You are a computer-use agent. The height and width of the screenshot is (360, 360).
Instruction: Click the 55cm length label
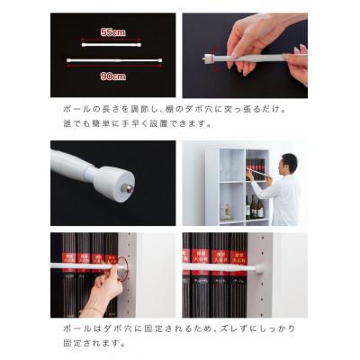112,32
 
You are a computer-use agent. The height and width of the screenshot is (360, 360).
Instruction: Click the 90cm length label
112,76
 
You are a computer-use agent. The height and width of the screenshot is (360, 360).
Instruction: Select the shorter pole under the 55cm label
112,42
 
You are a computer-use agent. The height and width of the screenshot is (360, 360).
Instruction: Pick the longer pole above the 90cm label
112,62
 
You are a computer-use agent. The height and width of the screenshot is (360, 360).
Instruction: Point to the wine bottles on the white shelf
255,207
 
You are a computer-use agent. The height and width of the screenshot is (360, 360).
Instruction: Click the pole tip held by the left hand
209,58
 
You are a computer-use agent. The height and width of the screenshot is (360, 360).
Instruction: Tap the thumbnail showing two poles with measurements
112,55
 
